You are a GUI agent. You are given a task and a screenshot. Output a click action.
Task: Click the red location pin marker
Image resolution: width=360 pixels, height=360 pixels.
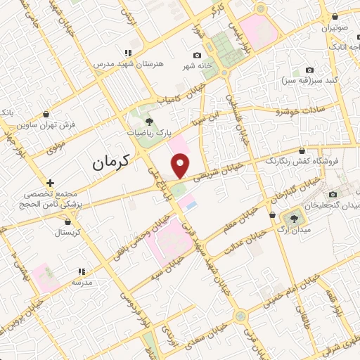click(x=181, y=166)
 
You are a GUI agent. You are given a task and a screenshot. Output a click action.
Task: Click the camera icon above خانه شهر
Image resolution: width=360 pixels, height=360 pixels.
click(x=198, y=56)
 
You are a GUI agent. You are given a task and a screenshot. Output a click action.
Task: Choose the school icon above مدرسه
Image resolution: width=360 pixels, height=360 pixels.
click(x=82, y=271)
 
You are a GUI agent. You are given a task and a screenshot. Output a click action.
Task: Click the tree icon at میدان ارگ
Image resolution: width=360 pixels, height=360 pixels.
click(x=290, y=214)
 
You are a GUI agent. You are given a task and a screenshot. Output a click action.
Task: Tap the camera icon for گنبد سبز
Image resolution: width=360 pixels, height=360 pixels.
click(x=310, y=70)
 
